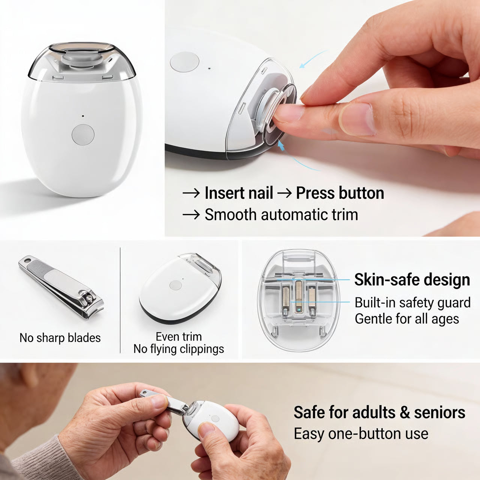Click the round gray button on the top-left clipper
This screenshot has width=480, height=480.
pos(83,135)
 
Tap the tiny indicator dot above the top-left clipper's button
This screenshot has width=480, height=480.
pos(83,116)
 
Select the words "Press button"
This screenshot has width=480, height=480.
pos(340,193)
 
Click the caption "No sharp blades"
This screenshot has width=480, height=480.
pos(60,338)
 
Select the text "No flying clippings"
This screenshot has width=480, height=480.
pos(178,349)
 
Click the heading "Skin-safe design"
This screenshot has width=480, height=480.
pos(412,280)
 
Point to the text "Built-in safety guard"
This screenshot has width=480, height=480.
pos(412,303)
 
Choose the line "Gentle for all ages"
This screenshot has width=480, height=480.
pos(407,319)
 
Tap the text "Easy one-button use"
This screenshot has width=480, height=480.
pos(361,434)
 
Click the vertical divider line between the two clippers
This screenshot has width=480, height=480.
pos(120,300)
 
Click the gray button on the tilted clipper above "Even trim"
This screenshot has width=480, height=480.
pos(175,285)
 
